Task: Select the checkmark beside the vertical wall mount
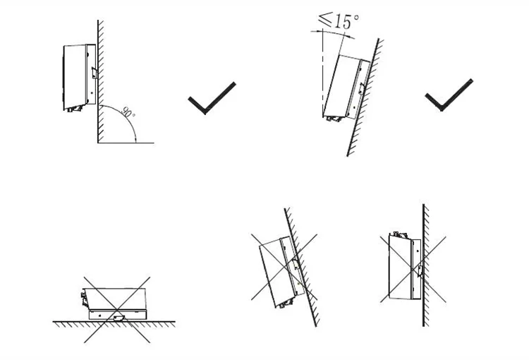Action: [x=211, y=97]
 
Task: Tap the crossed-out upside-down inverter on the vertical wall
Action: [x=403, y=267]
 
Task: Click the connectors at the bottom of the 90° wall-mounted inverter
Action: [x=74, y=109]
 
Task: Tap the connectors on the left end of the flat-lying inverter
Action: [x=83, y=293]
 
